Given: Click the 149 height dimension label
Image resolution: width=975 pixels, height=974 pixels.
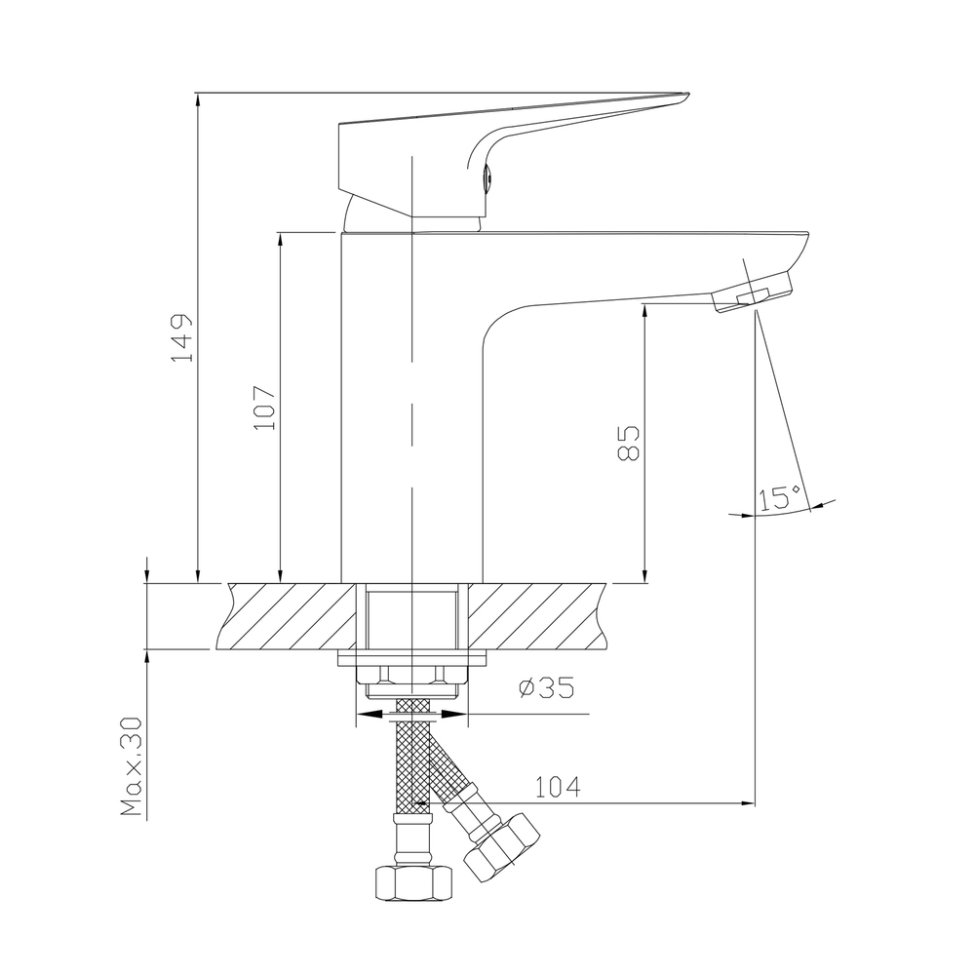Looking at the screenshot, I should coord(182,338).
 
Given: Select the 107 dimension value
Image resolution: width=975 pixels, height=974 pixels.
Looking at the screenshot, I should coord(265,408).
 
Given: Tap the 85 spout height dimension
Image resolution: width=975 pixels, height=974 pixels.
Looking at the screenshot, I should coord(628,444).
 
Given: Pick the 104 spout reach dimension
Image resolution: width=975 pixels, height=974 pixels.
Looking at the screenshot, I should coord(558,786).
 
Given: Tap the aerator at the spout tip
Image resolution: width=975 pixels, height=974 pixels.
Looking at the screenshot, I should coord(754,294).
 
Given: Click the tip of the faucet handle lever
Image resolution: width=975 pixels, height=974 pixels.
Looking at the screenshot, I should coord(682,97).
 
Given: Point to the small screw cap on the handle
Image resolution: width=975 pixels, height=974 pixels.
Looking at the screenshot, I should coord(489,177).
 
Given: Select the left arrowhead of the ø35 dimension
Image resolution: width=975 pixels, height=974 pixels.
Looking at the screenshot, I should coord(366,715).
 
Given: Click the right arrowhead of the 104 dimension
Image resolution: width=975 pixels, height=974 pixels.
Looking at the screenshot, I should coord(748,804).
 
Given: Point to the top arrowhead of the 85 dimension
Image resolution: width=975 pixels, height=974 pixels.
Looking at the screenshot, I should coord(644,311).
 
